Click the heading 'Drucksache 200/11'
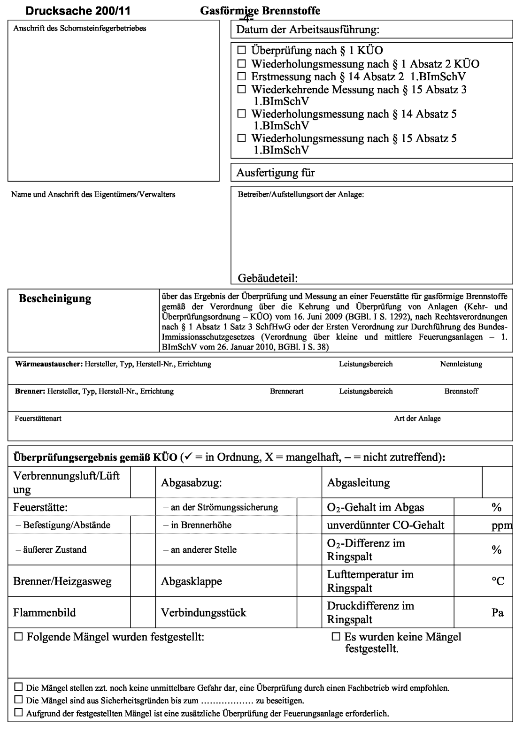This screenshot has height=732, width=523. point(78,10)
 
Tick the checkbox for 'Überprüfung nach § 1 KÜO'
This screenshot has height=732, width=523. point(242,50)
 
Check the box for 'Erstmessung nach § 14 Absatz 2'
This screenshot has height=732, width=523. point(242,76)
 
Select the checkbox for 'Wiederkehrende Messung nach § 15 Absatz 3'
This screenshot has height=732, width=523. point(242,89)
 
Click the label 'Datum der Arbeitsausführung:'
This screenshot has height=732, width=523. point(308,30)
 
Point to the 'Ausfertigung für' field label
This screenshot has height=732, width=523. point(276,173)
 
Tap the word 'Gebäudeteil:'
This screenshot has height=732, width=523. point(269,278)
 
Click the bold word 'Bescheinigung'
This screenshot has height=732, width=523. point(55,298)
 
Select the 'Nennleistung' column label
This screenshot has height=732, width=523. point(461,364)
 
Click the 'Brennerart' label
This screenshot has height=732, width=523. point(286,391)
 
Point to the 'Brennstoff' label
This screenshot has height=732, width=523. point(461,391)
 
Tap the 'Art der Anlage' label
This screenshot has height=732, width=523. point(417,419)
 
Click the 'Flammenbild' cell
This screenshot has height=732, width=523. point(45,613)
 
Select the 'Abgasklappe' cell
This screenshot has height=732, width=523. point(192,581)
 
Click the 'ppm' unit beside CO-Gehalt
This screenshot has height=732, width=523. point(501,526)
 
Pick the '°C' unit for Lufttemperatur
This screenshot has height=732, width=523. point(498,581)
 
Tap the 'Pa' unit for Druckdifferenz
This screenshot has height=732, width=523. point(498,613)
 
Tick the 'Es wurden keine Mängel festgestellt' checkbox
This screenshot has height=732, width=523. point(336,637)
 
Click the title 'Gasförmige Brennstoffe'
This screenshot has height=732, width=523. point(260,10)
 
